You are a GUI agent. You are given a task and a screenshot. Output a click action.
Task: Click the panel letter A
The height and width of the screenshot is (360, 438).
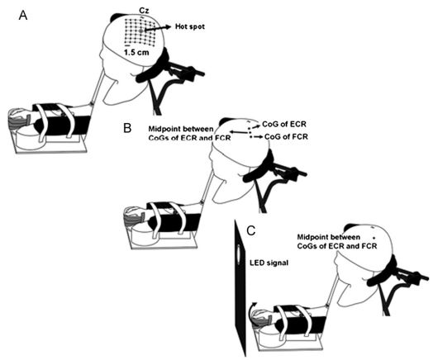(23, 16)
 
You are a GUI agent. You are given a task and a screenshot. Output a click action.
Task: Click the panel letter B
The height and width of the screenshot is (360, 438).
(127, 128)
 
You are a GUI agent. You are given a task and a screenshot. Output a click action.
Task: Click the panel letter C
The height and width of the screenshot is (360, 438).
(251, 231)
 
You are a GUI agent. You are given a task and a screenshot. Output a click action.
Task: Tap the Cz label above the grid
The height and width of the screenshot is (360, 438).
(144, 11)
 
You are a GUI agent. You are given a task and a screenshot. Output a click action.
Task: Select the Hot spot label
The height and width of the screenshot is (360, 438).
(190, 26)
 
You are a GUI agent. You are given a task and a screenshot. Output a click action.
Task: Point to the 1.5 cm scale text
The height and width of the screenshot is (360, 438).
(136, 52)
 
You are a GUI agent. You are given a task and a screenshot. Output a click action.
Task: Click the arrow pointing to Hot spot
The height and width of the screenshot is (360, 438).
(158, 28)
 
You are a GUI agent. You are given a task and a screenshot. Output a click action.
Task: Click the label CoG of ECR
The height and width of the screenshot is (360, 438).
(284, 124)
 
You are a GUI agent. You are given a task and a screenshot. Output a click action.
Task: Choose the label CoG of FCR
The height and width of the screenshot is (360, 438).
(286, 137)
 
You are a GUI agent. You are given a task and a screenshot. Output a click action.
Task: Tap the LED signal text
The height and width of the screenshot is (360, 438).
(269, 263)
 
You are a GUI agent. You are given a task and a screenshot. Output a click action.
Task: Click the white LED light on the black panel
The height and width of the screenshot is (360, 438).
(239, 253)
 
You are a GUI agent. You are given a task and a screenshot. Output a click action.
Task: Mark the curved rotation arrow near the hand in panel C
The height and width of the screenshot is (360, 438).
(251, 308)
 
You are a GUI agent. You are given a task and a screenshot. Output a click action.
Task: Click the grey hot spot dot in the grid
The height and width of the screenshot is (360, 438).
(141, 31)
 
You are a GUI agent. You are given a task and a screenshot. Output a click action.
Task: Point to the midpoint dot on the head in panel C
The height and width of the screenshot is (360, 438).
(374, 238)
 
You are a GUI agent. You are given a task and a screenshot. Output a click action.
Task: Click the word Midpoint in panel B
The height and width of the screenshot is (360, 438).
(165, 129)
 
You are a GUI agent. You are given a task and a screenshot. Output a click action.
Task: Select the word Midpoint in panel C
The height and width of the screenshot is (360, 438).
(313, 237)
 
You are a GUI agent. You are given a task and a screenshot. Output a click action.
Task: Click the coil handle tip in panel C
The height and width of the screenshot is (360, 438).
(426, 277)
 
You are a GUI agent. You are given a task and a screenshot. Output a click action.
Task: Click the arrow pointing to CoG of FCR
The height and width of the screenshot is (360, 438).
(258, 137)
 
